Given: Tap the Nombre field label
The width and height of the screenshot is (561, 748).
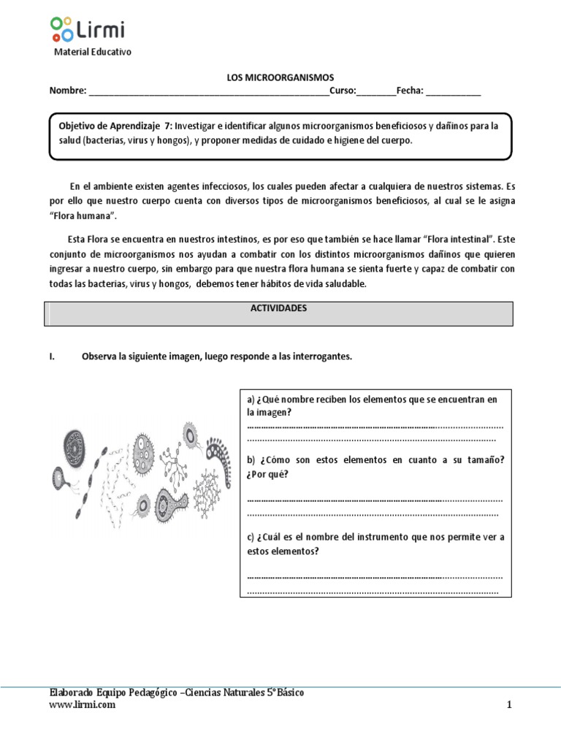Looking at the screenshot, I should (x=66, y=91).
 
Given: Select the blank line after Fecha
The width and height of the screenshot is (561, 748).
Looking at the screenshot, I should (x=453, y=92).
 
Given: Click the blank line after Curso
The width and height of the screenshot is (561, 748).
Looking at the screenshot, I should (x=375, y=92).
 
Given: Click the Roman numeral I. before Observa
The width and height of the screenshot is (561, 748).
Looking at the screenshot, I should (x=52, y=356).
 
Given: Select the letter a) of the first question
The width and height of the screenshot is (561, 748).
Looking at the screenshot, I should (x=251, y=400).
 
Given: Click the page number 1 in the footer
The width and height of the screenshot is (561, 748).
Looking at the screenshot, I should (x=509, y=705).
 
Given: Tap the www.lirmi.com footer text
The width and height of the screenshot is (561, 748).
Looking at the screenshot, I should (x=82, y=705).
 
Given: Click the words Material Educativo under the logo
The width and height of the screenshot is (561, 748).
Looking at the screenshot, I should (x=93, y=52).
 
